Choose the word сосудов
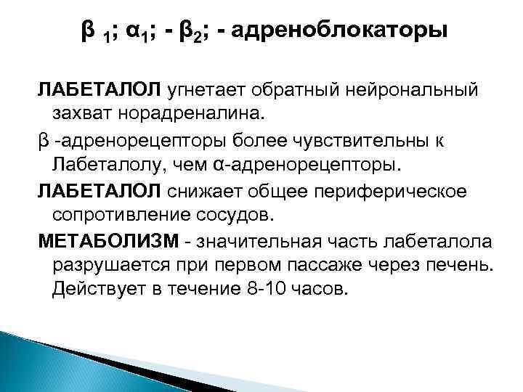(x=240, y=214)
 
